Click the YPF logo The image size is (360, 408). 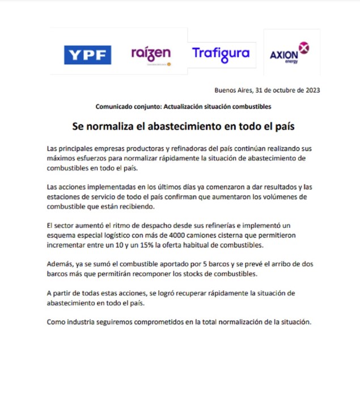coord(87,55)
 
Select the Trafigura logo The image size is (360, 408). coord(221,53)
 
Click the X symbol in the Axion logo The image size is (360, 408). coord(304,48)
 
